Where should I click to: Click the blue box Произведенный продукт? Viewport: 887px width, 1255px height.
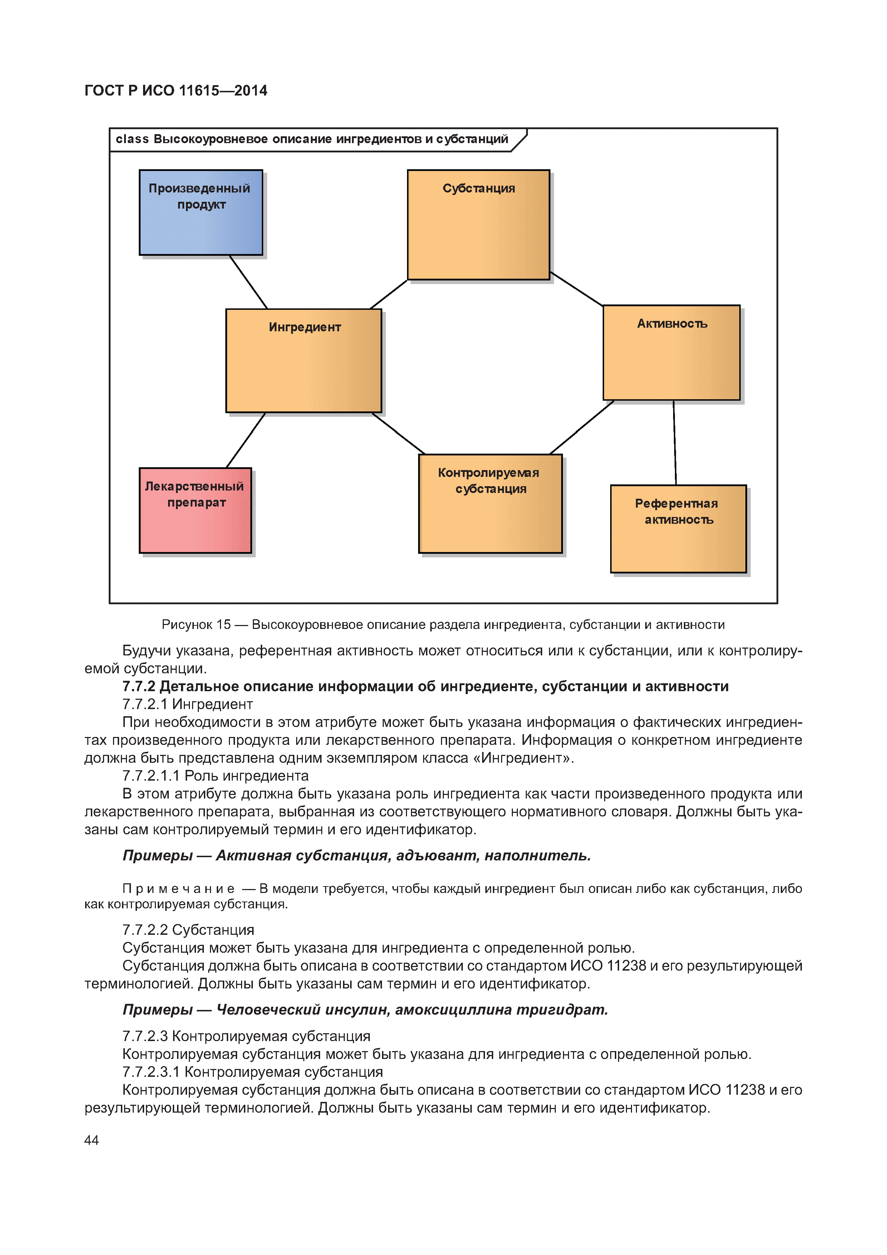coord(201,212)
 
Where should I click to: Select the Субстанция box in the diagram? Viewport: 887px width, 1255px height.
coord(478,225)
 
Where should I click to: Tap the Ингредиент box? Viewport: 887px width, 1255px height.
coord(303,360)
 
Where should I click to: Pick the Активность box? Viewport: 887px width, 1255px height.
coord(671,352)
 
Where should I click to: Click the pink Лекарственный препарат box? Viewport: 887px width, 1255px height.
coord(195,510)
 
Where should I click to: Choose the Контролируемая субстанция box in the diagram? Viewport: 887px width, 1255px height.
coord(490,503)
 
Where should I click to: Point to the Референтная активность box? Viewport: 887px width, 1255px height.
coord(678,528)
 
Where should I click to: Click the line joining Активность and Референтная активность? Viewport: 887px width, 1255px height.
coord(675,443)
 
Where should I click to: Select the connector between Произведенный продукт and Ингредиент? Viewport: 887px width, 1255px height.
coord(248,282)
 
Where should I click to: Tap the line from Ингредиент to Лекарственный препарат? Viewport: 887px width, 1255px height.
coord(245,440)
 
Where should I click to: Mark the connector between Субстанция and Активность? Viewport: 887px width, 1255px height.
coord(577,289)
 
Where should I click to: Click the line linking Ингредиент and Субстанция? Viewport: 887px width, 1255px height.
coord(388,294)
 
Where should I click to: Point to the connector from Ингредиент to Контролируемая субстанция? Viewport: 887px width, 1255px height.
coord(398,434)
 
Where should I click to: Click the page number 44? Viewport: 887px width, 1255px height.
coord(91,1140)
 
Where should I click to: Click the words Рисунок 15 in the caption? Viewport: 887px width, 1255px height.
coord(196,624)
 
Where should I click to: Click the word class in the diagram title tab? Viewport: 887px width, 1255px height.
coord(132,140)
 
